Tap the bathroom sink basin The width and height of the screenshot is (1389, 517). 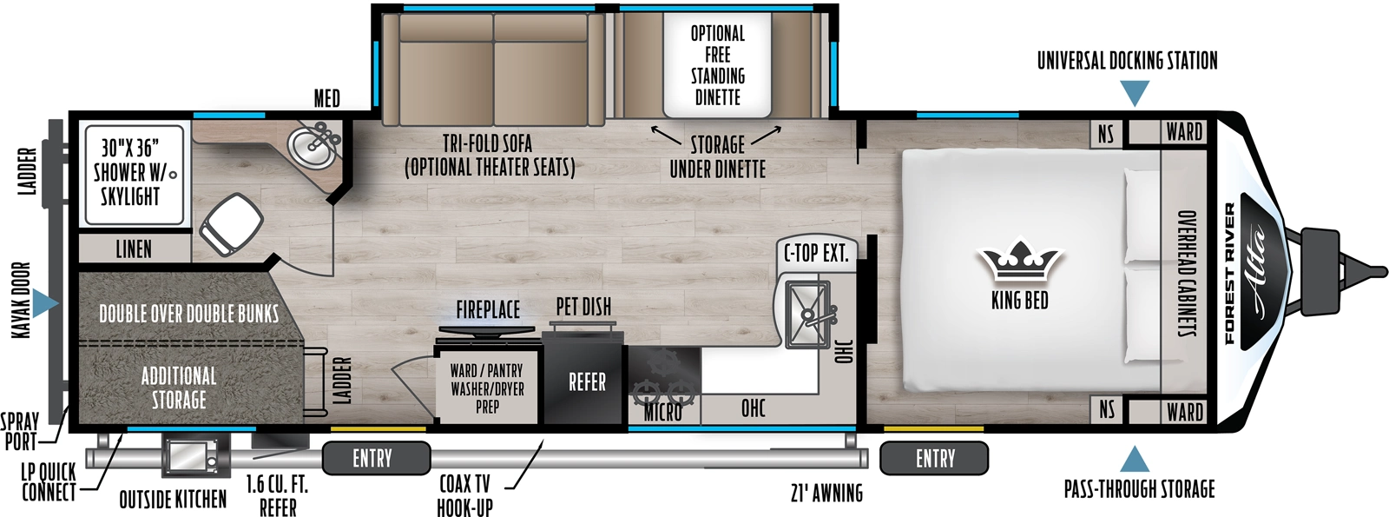click(309, 146)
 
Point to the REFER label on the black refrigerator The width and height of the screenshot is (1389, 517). click(587, 382)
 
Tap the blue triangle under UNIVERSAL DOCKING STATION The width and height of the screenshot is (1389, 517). click(1134, 93)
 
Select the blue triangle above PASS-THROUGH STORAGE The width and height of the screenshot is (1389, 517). click(1134, 460)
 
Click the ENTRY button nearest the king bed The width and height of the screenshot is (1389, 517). click(934, 458)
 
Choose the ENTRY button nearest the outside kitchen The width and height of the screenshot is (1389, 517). click(375, 458)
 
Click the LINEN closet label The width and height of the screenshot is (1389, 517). click(134, 249)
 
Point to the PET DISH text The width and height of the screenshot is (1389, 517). click(583, 307)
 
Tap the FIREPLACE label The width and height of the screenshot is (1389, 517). click(488, 309)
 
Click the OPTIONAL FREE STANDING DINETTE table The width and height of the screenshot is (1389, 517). click(717, 65)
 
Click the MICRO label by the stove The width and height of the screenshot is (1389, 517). click(662, 413)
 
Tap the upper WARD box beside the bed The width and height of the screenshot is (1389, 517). click(1184, 132)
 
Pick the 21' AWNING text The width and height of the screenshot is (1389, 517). click(826, 494)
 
